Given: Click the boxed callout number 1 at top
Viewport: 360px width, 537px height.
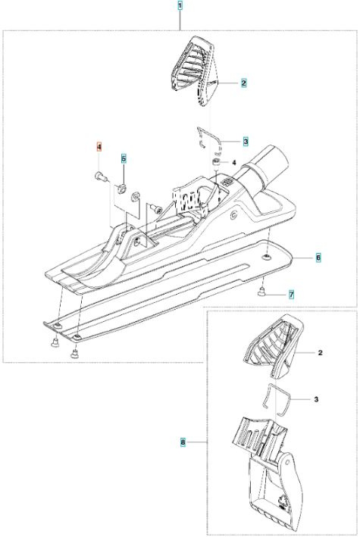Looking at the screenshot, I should pos(180,6).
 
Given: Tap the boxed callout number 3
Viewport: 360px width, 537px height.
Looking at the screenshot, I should pos(246,141).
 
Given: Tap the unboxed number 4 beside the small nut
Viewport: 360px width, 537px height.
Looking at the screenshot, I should pos(234,163).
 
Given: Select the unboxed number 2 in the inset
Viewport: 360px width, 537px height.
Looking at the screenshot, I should pos(321,352).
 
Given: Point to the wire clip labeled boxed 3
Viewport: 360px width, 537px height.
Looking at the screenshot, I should pos(205,137).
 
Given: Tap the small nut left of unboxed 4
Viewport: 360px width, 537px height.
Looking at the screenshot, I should pos(217,162).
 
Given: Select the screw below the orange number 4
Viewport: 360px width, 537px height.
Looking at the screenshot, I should pos(100,176).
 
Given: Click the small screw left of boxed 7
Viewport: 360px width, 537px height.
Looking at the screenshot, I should pos(260,290).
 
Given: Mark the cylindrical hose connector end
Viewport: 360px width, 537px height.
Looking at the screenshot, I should pos(274,162).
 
